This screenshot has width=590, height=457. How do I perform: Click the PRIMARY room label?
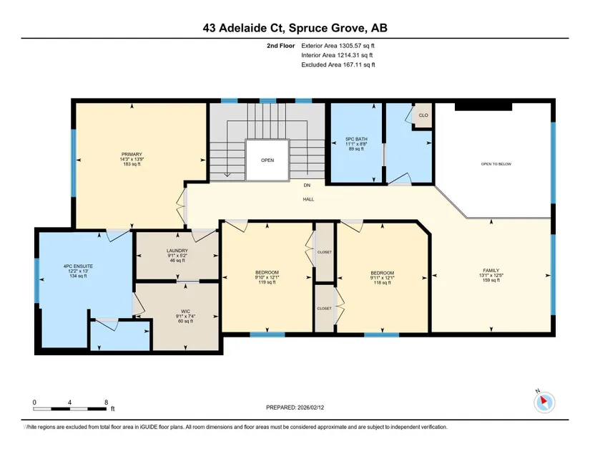(x=132, y=154)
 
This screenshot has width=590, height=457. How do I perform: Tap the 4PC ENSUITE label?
(x=78, y=266)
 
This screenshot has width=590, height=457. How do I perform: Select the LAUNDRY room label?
(x=177, y=251)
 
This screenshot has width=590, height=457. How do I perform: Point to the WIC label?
(x=185, y=311)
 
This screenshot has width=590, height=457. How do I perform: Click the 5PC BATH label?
(x=356, y=139)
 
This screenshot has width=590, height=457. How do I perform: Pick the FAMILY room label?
(x=491, y=270)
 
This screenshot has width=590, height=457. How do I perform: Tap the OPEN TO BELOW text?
(x=496, y=164)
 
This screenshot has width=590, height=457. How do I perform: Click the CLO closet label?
(x=423, y=115)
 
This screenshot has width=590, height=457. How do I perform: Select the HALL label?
(x=308, y=199)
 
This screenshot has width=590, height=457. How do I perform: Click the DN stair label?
(x=307, y=185)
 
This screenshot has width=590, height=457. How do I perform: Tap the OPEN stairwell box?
(x=267, y=160)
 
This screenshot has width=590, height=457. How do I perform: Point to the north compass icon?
(x=544, y=402)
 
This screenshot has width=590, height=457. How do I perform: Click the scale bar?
(x=70, y=409)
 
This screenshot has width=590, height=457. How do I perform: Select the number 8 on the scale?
(x=107, y=402)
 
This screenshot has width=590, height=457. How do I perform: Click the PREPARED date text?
(x=295, y=408)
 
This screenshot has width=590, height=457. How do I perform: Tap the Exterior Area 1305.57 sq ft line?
(x=338, y=46)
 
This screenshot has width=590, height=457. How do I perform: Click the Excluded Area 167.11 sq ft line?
(x=338, y=64)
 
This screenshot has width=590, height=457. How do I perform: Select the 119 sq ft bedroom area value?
(x=267, y=282)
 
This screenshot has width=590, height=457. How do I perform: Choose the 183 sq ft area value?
(x=132, y=164)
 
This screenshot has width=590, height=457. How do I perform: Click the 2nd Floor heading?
(x=281, y=46)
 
